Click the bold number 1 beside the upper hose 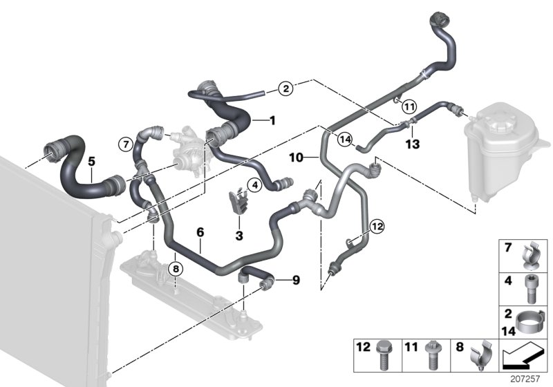point(272,120)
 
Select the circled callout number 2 point(286,88)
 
